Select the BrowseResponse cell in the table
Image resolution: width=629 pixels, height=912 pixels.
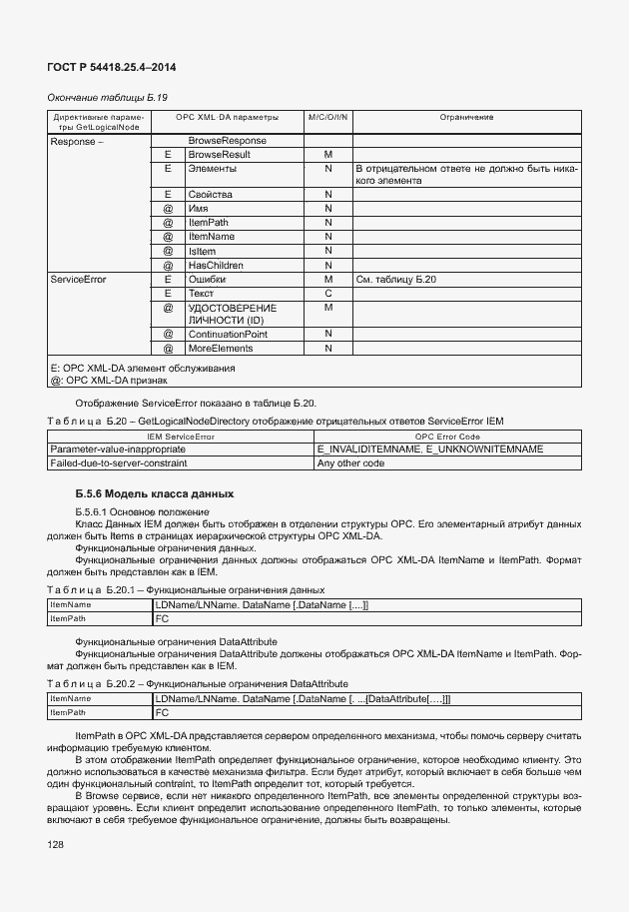227,141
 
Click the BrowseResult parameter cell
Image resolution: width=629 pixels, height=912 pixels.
219,155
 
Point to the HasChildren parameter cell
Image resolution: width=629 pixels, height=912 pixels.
217,265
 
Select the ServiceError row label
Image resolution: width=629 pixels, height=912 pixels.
78,280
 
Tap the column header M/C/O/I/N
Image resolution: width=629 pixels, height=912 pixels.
327,118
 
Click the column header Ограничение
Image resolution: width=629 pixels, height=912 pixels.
466,118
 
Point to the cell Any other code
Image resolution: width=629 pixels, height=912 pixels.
350,463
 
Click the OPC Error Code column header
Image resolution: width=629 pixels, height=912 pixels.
447,437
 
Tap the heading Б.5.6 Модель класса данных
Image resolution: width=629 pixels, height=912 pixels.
154,493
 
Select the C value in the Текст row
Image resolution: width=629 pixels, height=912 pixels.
327,294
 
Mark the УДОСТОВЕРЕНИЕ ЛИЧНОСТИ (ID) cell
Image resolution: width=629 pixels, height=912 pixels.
232,314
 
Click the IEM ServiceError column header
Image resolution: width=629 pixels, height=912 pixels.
181,437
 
